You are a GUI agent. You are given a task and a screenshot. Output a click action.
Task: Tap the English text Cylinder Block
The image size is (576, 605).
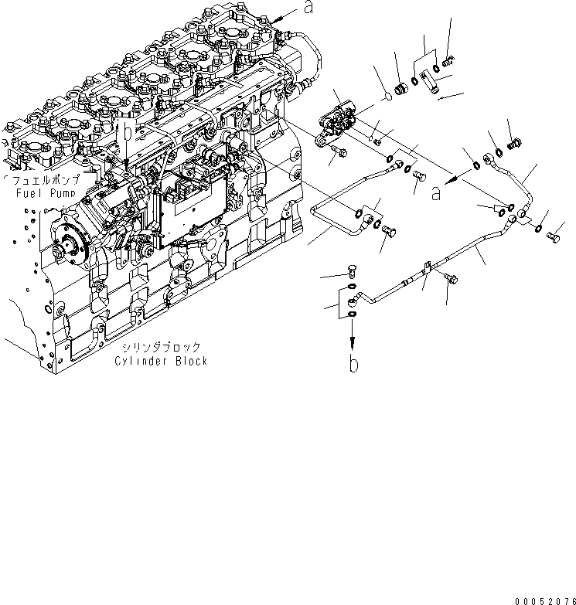click(161, 361)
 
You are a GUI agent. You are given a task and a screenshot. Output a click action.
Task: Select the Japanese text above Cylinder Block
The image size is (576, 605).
click(161, 348)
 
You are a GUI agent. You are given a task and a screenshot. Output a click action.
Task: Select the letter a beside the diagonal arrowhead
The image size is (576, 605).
click(437, 194)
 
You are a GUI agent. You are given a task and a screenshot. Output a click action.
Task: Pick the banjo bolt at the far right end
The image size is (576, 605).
click(552, 236)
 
